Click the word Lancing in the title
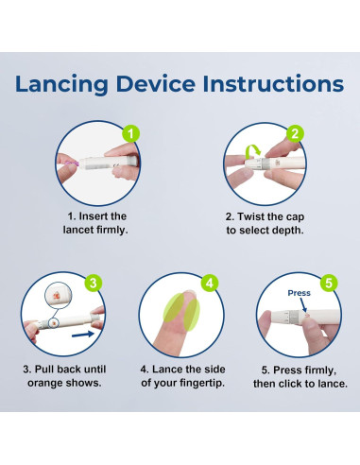[x=61, y=85]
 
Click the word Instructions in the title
[x=273, y=84]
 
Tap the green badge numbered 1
[x=131, y=134]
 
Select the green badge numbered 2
[x=295, y=133]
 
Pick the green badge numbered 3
[x=94, y=283]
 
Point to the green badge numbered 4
[x=210, y=283]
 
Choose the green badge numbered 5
[x=329, y=283]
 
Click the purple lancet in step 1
[x=72, y=164]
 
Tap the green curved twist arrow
[x=252, y=151]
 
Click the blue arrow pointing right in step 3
[x=83, y=335]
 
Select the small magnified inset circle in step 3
[x=59, y=295]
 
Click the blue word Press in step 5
[x=299, y=293]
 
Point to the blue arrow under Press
[x=303, y=305]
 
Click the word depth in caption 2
[x=288, y=231]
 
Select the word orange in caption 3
[x=45, y=384]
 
